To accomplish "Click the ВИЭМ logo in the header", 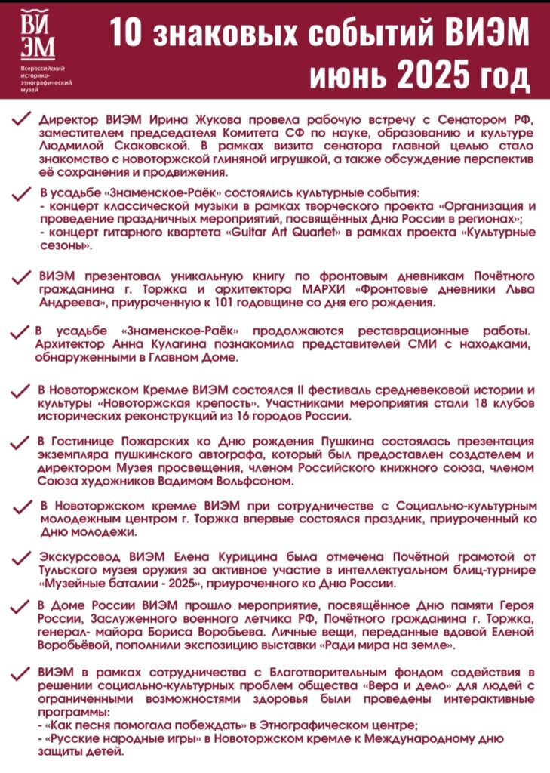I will tap(38, 34).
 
